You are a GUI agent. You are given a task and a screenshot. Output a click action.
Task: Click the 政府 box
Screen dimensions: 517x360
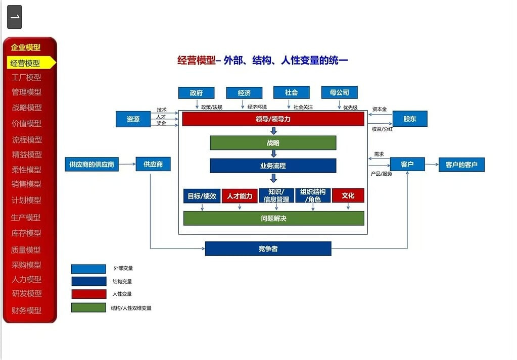[196, 93]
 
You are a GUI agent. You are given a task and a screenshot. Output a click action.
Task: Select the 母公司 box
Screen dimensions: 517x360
[339, 92]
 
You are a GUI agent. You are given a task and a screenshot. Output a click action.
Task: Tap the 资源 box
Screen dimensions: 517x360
[133, 119]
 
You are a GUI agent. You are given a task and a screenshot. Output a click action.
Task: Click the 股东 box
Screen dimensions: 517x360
[410, 119]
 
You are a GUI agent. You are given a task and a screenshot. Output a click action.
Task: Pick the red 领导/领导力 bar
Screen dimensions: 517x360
[273, 119]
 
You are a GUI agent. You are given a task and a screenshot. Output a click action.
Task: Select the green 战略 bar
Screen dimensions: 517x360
[273, 143]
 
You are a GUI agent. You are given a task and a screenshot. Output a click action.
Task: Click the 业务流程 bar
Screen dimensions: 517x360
[273, 166]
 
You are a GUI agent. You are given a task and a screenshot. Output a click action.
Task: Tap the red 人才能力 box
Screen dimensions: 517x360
[240, 196]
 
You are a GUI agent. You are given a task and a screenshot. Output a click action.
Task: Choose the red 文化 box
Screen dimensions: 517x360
[348, 195]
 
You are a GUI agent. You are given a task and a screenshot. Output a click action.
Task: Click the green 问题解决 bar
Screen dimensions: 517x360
[274, 218]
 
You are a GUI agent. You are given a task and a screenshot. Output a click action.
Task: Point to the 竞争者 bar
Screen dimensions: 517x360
[268, 249]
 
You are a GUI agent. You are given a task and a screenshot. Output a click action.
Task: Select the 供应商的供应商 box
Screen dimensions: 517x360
[91, 165]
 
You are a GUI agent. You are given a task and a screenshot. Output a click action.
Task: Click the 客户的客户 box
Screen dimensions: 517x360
[461, 165]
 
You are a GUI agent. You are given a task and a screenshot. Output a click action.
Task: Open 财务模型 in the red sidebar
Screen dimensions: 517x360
[26, 310]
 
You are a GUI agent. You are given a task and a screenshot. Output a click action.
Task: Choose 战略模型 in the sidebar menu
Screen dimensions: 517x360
[27, 108]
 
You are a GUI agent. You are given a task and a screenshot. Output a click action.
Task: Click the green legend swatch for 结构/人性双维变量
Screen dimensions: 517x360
[88, 307]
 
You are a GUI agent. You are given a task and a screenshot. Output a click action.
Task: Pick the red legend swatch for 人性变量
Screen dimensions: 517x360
[89, 294]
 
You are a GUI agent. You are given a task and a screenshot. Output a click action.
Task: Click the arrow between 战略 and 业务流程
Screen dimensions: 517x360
[273, 154]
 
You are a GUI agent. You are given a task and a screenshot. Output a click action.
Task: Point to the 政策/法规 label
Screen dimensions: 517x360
[212, 107]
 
